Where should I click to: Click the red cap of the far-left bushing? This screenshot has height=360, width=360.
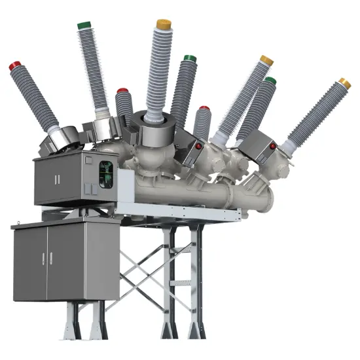[x=14, y=66]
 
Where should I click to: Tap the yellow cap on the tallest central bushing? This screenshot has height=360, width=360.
[x=163, y=25]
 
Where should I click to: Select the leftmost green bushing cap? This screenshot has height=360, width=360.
[x=84, y=26]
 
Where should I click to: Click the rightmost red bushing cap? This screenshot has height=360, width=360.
[x=204, y=108]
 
